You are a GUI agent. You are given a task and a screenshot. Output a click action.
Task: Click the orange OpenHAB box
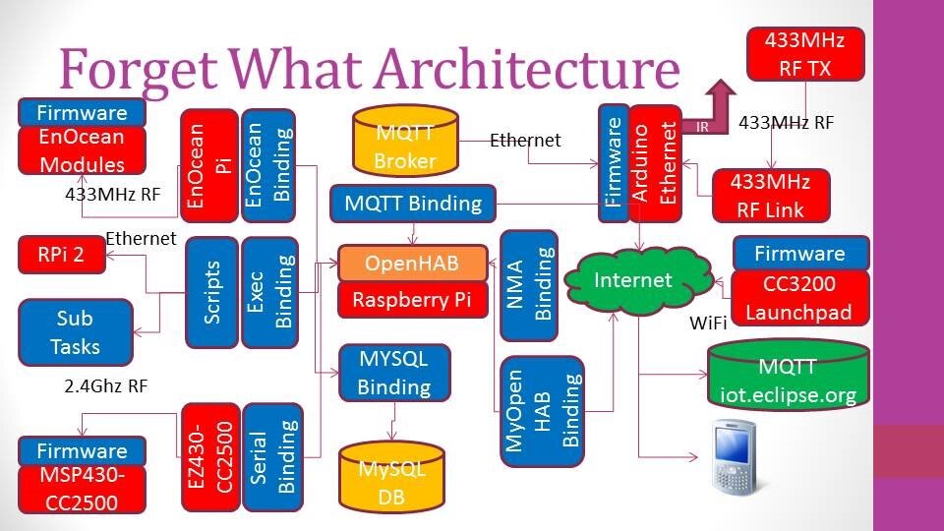pyautogui.click(x=413, y=264)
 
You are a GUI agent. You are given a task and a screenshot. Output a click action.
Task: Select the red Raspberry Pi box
pyautogui.click(x=413, y=300)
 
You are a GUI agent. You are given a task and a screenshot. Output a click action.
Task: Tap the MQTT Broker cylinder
pyautogui.click(x=404, y=147)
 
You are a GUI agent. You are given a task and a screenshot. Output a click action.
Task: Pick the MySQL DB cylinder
pyautogui.click(x=391, y=479)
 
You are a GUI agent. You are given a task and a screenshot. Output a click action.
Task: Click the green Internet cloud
pyautogui.click(x=633, y=280)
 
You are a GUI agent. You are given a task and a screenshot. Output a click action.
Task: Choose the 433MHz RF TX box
pyautogui.click(x=805, y=53)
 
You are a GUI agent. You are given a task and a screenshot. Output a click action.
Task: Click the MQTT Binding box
pyautogui.click(x=413, y=204)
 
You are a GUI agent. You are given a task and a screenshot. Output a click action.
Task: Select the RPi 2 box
pyautogui.click(x=60, y=256)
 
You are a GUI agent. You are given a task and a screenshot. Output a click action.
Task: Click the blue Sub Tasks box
pyautogui.click(x=76, y=332)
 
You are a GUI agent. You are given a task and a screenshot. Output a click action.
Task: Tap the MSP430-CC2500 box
pyautogui.click(x=82, y=490)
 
